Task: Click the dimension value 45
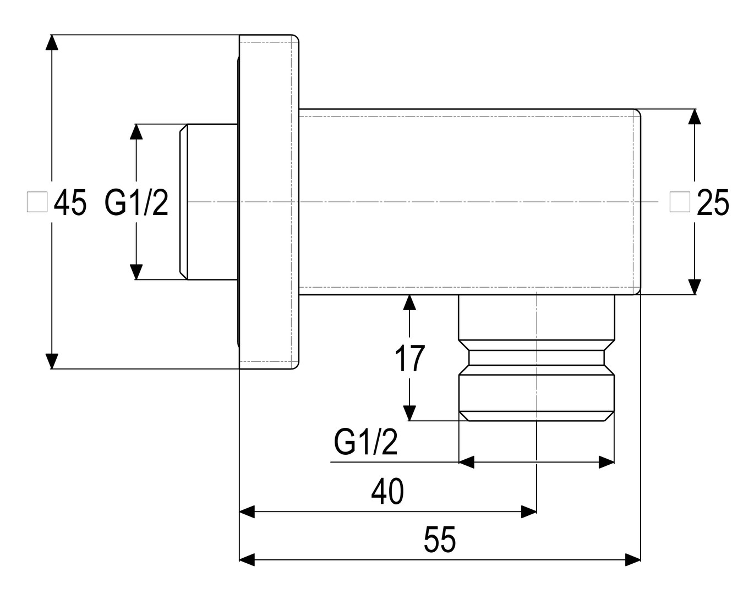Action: coord(70,203)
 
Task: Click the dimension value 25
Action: coord(713,203)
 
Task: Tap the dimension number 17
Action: coord(409,359)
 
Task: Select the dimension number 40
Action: coord(387,491)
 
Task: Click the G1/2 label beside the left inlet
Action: coord(136,203)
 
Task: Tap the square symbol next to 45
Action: coord(37,202)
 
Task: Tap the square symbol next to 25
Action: coord(680,202)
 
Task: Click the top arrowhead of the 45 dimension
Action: coord(51,42)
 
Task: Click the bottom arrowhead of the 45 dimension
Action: coord(51,361)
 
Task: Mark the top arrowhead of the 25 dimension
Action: coord(695,117)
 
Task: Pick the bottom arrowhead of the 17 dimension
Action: coord(409,413)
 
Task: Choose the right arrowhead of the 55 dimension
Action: coord(633,560)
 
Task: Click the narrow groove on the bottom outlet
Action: coord(536,358)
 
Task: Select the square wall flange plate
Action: coord(269,202)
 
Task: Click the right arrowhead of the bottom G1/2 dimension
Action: coord(607,462)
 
